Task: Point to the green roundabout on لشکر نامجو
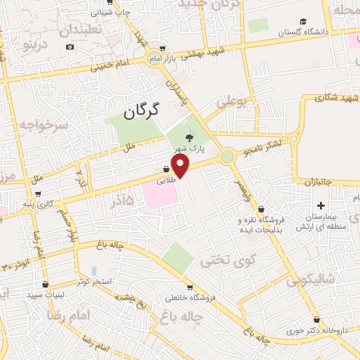[227, 157]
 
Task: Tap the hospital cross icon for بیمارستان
[321, 206]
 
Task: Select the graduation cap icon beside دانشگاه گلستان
[302, 21]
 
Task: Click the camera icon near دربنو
[70, 47]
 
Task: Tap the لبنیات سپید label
[65, 294]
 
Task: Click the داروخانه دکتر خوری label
[314, 330]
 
